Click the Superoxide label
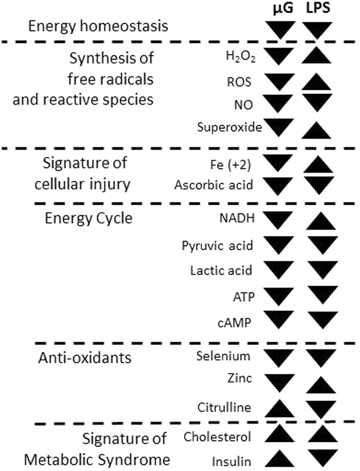point(230,127)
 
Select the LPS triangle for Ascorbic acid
point(318,184)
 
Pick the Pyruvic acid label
point(217,245)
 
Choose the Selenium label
point(223,356)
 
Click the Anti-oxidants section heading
point(85,358)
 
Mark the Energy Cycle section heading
point(88,218)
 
